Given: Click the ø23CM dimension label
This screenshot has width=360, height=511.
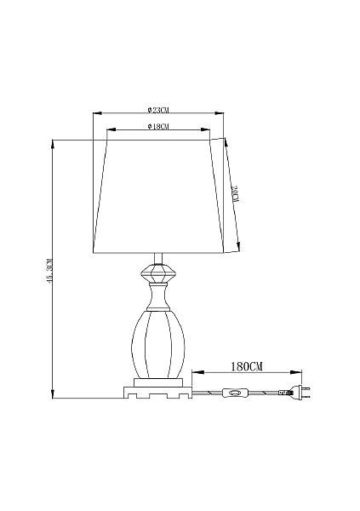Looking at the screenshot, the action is click(158, 110).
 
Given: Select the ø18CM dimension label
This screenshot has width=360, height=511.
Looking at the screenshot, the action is click(158, 126).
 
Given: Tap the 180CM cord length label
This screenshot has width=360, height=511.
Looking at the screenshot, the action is click(247, 366).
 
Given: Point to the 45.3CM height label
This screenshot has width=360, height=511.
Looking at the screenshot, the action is click(49, 271).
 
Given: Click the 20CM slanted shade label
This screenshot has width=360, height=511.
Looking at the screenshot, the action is click(236, 194).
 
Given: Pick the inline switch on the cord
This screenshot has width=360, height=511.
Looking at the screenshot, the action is click(235, 393).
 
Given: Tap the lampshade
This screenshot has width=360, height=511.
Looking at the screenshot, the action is click(158, 197).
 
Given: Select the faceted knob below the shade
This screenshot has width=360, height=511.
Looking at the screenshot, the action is click(158, 273).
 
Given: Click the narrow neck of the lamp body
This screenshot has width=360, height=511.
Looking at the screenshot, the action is click(158, 296).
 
